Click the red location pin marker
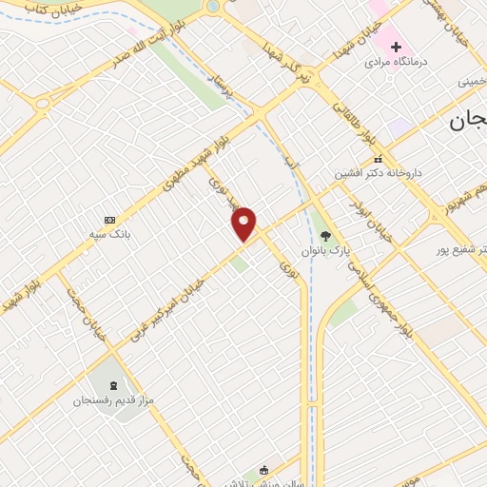[244, 224]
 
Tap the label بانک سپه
[108, 233]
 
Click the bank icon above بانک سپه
[109, 219]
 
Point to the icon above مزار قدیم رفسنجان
[115, 385]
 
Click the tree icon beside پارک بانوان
[325, 236]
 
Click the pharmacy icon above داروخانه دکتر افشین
[379, 159]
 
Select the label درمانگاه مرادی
[397, 62]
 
